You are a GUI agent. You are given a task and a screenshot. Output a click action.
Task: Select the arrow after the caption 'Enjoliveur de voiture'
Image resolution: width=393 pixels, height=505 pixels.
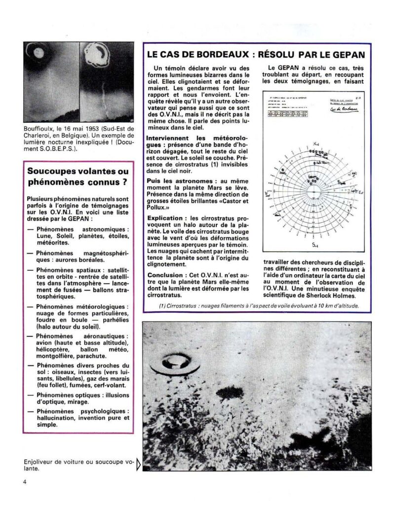(138, 464)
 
